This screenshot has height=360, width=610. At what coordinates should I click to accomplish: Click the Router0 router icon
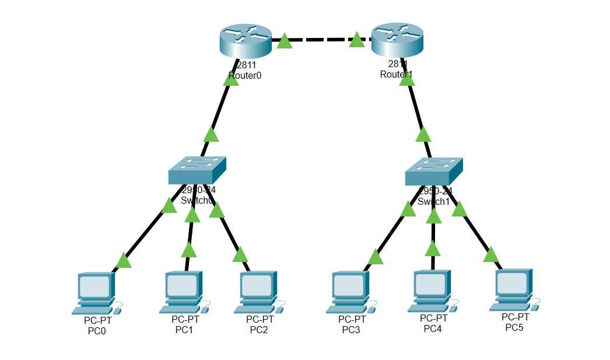(246, 40)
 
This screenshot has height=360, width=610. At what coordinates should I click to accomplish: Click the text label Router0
(245, 75)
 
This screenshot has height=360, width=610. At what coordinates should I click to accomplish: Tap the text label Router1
(396, 74)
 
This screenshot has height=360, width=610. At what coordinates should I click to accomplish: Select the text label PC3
(352, 330)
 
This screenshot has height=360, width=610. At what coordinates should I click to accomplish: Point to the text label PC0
(97, 331)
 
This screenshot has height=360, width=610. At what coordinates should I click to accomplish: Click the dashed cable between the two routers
(321, 40)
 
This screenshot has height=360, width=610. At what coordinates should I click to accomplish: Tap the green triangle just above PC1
(188, 250)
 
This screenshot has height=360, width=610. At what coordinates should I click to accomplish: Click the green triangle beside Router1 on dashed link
(357, 40)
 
